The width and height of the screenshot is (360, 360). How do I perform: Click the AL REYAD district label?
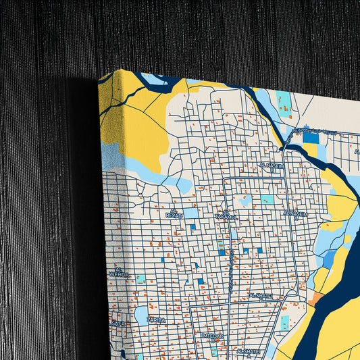[174, 214]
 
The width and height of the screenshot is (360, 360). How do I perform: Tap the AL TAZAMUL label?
[226, 216]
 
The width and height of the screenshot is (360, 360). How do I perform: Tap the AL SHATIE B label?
[260, 297]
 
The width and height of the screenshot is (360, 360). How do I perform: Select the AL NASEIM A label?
[296, 214]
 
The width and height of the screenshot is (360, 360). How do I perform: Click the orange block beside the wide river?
[316, 297]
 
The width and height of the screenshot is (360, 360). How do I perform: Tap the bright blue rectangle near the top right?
[310, 137]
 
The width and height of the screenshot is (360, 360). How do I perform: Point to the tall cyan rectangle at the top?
[284, 101]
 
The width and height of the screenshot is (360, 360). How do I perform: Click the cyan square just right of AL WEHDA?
[140, 278]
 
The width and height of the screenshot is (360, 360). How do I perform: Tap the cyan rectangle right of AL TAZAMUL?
[267, 199]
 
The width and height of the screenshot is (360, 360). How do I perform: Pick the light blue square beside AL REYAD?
[191, 213]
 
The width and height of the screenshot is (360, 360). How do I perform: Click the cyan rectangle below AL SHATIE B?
[285, 322]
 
